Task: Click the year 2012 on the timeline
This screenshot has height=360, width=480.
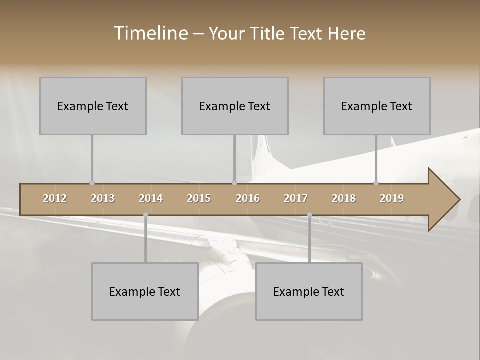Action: point(55,198)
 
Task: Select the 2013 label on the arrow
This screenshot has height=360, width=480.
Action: point(103,198)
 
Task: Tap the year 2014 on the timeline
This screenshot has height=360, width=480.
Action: point(151,198)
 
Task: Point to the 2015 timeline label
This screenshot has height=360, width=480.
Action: point(199,198)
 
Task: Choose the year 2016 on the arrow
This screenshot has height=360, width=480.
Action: point(248,198)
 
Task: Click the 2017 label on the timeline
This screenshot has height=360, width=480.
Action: point(296,198)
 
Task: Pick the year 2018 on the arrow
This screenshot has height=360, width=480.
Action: point(344,198)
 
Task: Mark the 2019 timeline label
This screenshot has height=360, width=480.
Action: point(392,198)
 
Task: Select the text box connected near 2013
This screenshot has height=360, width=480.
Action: point(93,106)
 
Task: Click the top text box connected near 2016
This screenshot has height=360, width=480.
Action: point(235,106)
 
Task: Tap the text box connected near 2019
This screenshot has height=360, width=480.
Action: point(377,106)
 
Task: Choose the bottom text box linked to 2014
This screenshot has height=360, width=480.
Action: point(145,291)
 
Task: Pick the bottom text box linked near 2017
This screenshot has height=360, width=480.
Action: point(309,291)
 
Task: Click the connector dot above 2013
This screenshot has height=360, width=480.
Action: point(92,183)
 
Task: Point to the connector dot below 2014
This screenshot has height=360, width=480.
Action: point(145,215)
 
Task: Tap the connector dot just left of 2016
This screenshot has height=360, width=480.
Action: point(234,183)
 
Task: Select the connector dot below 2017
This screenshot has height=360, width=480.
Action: point(309,215)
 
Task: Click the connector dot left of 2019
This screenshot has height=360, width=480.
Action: point(376,183)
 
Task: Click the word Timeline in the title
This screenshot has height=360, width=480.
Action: point(150,33)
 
